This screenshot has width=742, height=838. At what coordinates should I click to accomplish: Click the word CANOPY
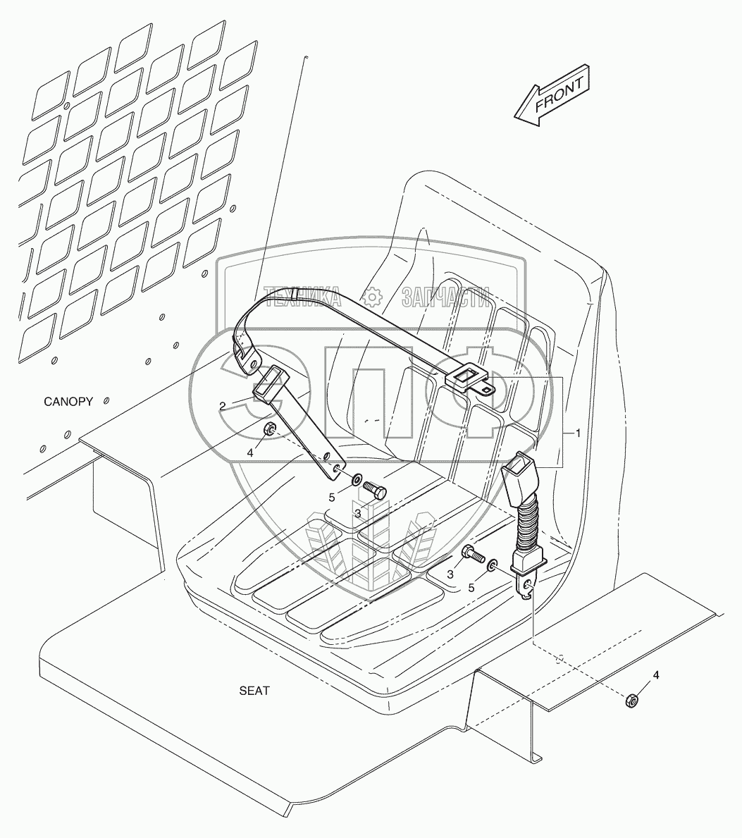(x=68, y=402)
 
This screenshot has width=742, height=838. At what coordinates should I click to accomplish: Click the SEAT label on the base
(x=254, y=691)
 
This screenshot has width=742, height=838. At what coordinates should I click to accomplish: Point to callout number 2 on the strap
(x=222, y=406)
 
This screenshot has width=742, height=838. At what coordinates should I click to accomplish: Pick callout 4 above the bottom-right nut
(x=656, y=675)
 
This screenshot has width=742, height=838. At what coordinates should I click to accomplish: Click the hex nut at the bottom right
(x=632, y=699)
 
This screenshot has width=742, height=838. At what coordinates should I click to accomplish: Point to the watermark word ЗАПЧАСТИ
(x=445, y=299)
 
